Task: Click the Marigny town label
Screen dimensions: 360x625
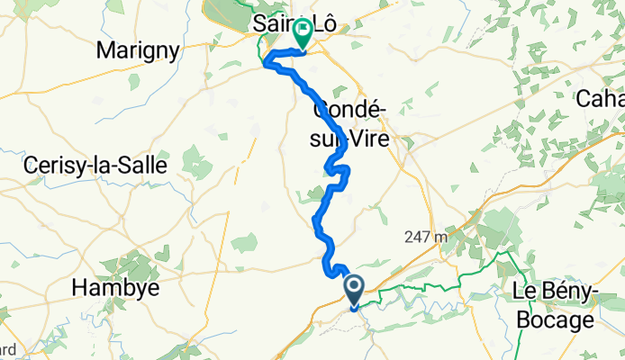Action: pyautogui.click(x=141, y=49)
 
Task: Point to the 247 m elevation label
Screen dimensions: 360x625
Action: pyautogui.click(x=426, y=238)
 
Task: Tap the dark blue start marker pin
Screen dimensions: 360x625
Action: pyautogui.click(x=354, y=290)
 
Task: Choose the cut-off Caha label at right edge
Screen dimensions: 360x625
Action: pyautogui.click(x=604, y=97)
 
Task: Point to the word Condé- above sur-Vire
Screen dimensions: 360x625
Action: pyautogui.click(x=349, y=110)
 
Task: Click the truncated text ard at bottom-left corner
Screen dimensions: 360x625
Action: pyautogui.click(x=7, y=349)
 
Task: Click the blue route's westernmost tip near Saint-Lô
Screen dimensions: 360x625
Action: pyautogui.click(x=264, y=62)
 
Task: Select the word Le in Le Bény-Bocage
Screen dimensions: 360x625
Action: pyautogui.click(x=523, y=291)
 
